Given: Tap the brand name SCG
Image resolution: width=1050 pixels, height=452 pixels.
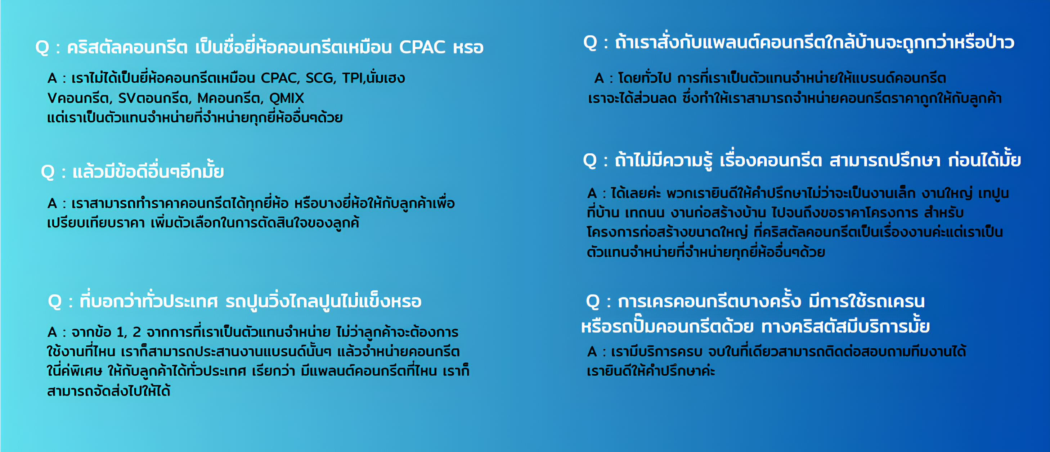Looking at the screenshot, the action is coord(321,78).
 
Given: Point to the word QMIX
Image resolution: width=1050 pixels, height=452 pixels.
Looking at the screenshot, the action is coord(287,98).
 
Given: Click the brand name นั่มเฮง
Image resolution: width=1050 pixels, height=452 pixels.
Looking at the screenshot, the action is coord(386,77).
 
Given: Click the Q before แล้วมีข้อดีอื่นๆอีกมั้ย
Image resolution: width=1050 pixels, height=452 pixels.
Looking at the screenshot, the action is coord(48,172).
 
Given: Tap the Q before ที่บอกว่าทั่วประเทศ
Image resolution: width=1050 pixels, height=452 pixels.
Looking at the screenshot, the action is coord(55,302).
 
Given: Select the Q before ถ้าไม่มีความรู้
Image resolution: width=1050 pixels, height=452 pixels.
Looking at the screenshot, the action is coord(590,161).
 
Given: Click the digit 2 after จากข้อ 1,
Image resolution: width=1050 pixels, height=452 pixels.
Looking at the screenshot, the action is coord(137,332).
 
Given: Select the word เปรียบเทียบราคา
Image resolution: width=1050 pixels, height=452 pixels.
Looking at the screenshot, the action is coord(96,223).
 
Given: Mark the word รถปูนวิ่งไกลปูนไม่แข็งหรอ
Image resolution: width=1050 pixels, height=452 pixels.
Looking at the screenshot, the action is coord(324,302).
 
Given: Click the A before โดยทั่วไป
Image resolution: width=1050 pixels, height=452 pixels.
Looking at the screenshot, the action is coord(599,78).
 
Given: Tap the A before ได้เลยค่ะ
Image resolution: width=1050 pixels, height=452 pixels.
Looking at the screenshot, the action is coord(592,193).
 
